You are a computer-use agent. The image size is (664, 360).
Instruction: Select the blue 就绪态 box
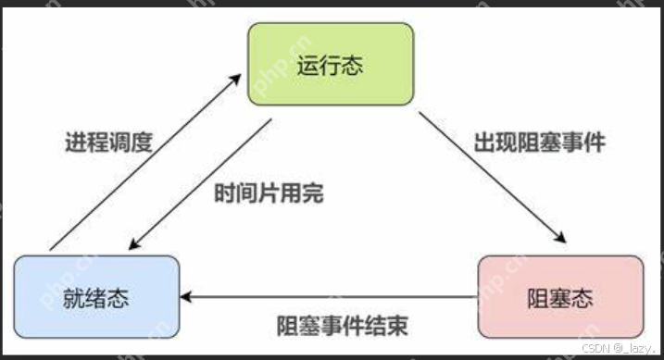(x=96, y=297)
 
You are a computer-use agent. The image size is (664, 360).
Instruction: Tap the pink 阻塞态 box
(x=560, y=297)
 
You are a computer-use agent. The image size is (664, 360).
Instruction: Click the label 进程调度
(x=108, y=143)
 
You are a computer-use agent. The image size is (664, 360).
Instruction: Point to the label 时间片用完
(x=269, y=195)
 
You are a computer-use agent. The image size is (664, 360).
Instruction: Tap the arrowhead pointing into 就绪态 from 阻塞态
(x=185, y=298)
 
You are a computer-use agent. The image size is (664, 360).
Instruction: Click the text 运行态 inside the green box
(x=329, y=65)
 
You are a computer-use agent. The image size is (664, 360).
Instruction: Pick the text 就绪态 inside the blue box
(x=96, y=298)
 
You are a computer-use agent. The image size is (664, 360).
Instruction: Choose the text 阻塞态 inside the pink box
(x=560, y=298)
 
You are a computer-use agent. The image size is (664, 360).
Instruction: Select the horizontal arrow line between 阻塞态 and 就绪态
(x=333, y=298)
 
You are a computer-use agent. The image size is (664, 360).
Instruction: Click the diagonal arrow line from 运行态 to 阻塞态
(x=491, y=176)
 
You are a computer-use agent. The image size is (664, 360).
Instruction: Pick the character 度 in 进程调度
(x=141, y=143)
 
